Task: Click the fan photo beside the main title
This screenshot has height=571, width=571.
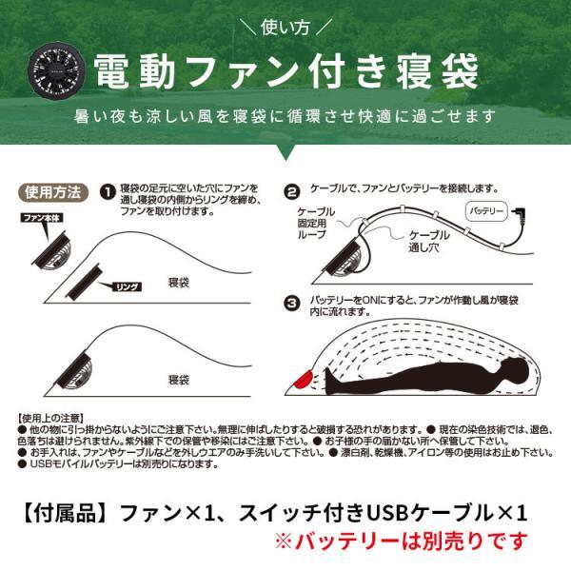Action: (x=59, y=69)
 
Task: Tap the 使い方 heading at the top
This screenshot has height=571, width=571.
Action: (x=285, y=26)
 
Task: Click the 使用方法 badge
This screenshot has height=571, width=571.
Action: (x=55, y=191)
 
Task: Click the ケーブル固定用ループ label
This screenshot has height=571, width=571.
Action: (x=318, y=221)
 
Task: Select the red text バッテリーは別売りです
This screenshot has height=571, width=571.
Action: (x=400, y=543)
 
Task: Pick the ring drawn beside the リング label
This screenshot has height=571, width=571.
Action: (x=85, y=278)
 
